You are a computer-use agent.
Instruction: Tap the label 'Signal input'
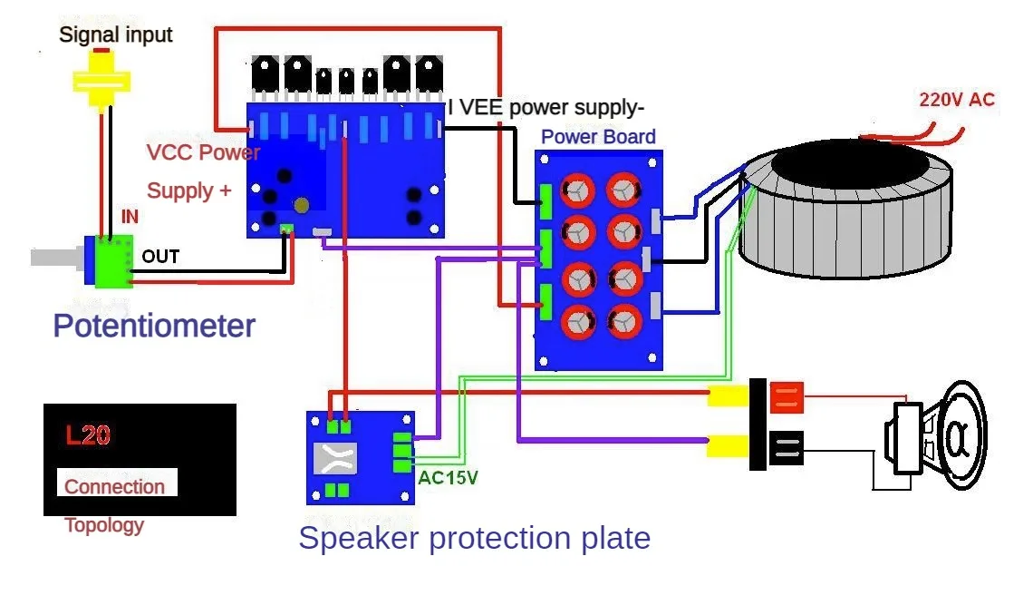[116, 34]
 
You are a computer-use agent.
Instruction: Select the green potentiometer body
[113, 261]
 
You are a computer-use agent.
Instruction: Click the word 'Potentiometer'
[154, 326]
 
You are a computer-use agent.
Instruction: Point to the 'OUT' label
[160, 256]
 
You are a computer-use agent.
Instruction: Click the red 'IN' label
[130, 217]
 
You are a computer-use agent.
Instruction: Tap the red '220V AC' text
[957, 100]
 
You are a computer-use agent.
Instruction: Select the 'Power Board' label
[598, 137]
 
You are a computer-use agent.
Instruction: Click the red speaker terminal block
[787, 397]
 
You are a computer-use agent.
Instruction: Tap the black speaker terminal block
[787, 448]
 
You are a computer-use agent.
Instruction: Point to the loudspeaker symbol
[935, 435]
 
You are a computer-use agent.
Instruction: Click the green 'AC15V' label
[448, 478]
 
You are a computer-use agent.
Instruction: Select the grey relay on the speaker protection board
[335, 459]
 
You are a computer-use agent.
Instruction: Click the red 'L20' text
[88, 435]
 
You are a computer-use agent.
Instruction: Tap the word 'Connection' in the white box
[115, 487]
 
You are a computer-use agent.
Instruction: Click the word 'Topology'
[104, 525]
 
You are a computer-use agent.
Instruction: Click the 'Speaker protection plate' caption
[474, 538]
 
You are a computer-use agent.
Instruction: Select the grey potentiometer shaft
[57, 258]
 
